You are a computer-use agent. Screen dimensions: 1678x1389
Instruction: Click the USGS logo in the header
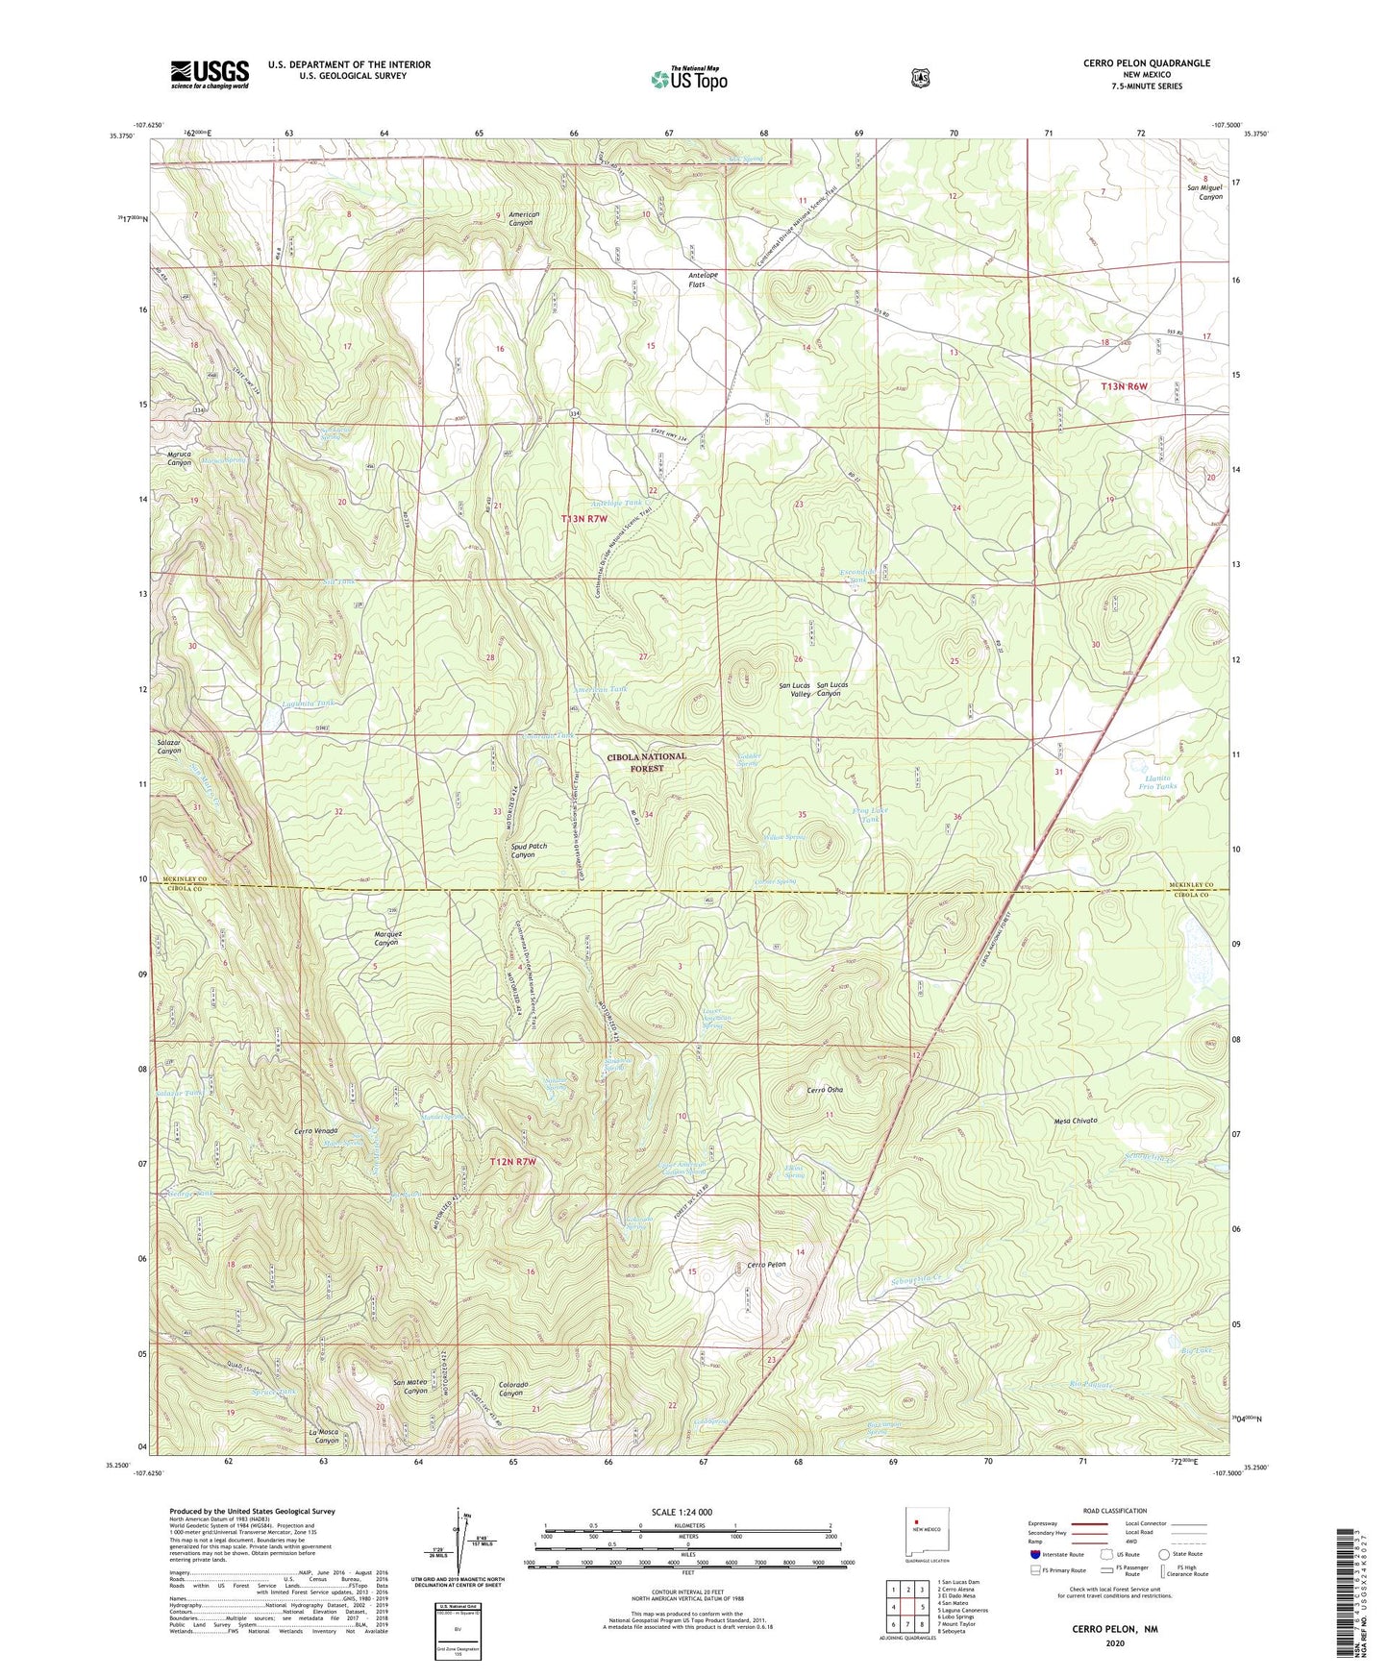coord(210,74)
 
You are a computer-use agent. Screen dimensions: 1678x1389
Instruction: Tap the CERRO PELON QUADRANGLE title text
coord(1146,63)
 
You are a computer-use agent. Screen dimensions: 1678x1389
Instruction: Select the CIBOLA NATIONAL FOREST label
coord(646,762)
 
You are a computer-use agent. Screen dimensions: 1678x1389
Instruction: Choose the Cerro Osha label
coord(825,1090)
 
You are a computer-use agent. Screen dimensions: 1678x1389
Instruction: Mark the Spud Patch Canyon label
coord(529,851)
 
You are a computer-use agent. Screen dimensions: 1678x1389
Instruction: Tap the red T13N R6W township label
coord(1125,385)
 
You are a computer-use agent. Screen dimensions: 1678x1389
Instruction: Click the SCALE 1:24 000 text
coord(682,1512)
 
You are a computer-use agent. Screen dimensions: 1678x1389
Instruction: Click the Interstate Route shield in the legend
coord(1034,1553)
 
